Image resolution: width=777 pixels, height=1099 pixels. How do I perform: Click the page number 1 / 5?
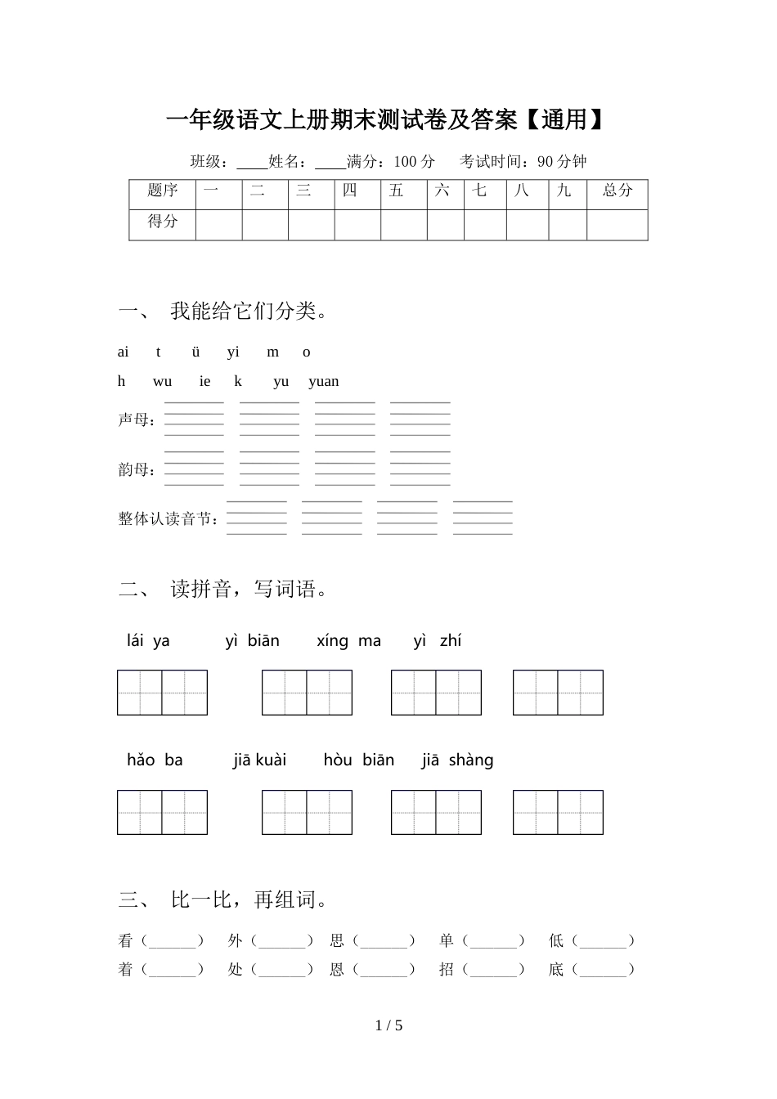(388, 1025)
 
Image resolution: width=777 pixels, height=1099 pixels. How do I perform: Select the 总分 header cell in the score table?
(618, 191)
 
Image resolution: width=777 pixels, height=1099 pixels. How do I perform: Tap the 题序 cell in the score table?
(163, 191)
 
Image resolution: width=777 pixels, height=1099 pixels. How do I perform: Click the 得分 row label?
(163, 221)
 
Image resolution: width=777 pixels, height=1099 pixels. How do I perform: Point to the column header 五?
(397, 191)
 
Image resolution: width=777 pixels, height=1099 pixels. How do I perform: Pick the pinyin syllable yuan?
(324, 381)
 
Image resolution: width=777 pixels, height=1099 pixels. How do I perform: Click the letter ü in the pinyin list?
(195, 352)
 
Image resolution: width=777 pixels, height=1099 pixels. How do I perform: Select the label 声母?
(137, 419)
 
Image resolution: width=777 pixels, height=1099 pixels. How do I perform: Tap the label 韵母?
(137, 469)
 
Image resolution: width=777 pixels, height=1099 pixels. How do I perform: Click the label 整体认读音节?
(168, 518)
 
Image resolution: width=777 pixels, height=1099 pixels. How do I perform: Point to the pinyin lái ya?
(148, 641)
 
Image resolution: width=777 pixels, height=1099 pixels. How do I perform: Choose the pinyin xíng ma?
(348, 641)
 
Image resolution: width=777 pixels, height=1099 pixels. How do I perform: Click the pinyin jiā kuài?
(259, 760)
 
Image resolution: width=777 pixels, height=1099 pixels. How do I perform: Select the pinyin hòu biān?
(358, 760)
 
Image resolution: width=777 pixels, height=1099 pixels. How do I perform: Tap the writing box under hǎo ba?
(162, 812)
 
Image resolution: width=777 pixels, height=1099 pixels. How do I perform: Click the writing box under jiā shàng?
(558, 812)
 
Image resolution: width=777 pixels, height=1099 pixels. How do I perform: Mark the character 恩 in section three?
(337, 970)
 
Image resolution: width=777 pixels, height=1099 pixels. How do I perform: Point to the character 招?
(446, 970)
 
